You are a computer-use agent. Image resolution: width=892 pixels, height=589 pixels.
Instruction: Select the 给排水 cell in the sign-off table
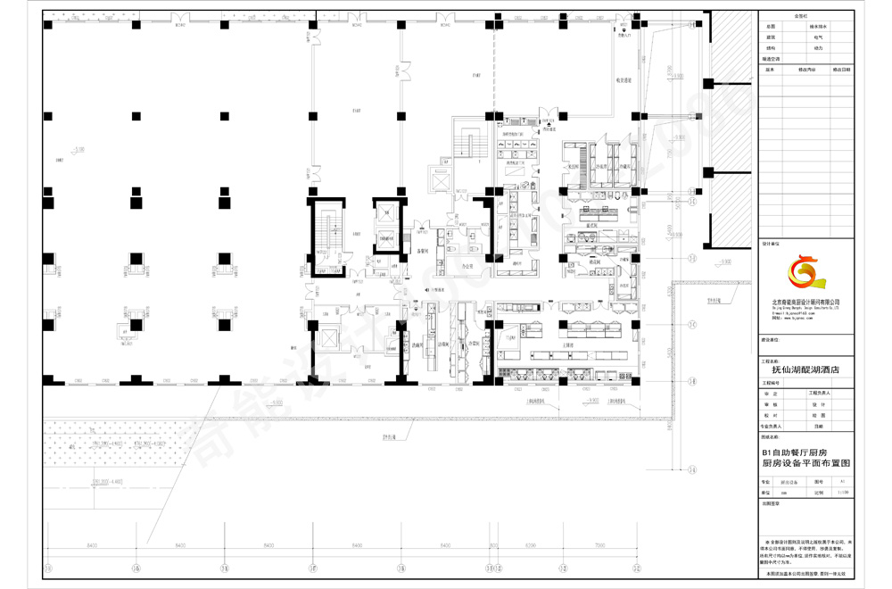[819, 27]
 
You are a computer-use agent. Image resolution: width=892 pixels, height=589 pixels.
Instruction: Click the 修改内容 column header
[807, 68]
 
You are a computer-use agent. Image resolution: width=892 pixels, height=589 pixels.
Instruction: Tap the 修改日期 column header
[841, 68]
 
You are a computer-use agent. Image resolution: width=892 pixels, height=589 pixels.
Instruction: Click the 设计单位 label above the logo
[771, 243]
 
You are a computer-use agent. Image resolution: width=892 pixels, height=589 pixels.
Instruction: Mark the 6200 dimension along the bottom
[530, 544]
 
